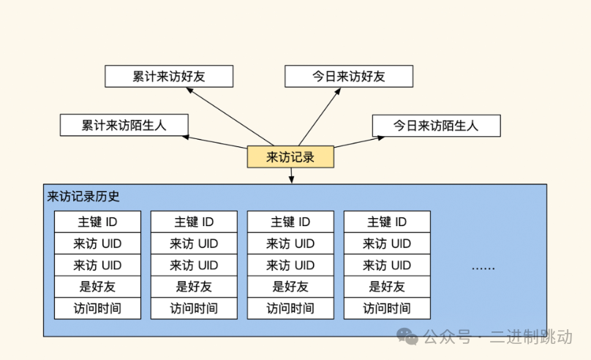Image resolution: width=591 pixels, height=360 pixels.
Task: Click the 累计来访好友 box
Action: pyautogui.click(x=169, y=76)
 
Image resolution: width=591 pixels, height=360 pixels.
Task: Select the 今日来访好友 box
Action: pyautogui.click(x=349, y=76)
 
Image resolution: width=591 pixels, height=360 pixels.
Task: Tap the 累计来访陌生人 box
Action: pyautogui.click(x=124, y=125)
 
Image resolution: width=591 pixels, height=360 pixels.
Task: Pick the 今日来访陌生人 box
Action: pyautogui.click(x=436, y=125)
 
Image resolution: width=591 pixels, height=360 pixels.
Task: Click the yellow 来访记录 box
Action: pyautogui.click(x=290, y=157)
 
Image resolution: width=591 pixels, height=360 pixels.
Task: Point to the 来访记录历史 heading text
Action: pyautogui.click(x=83, y=196)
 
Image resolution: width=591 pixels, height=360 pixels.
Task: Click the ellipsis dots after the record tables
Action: pyautogui.click(x=483, y=267)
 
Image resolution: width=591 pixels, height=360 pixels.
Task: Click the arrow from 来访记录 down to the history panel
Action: pyautogui.click(x=291, y=175)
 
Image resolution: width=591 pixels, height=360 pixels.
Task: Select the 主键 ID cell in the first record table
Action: pyautogui.click(x=97, y=222)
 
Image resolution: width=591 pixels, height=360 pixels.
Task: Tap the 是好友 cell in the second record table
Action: pyautogui.click(x=194, y=287)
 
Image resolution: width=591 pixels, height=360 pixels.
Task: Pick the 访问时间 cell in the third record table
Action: pyautogui.click(x=290, y=308)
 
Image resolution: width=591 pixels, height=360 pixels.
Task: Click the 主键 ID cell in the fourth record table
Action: pyautogui.click(x=387, y=222)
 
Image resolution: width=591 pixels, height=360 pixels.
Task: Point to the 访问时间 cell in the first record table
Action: pyautogui.click(x=97, y=308)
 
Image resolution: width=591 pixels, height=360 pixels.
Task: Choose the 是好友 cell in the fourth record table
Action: pyautogui.click(x=387, y=287)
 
